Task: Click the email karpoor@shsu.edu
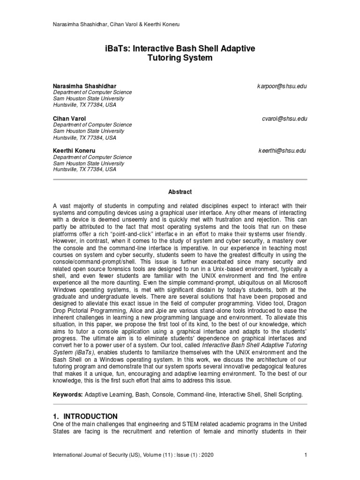[282, 87]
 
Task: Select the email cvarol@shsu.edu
[285, 119]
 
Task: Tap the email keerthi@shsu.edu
[282, 150]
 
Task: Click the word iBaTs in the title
[116, 48]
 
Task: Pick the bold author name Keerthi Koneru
[74, 151]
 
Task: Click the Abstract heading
[180, 192]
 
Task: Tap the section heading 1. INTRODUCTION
[85, 416]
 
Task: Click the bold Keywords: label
[68, 396]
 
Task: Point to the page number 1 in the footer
[306, 455]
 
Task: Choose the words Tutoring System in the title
[180, 59]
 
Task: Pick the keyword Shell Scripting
[284, 396]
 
